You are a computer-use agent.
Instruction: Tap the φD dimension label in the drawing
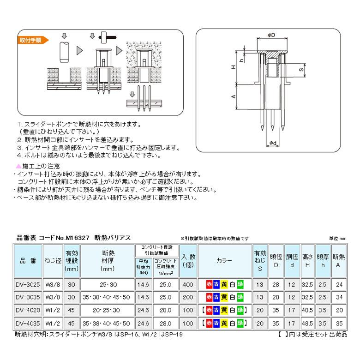click(271, 35)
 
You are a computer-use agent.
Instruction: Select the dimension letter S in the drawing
click(301, 70)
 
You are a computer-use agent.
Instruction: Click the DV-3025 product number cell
click(28, 284)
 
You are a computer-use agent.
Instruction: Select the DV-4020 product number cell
click(28, 310)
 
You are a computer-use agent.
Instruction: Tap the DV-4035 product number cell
click(28, 323)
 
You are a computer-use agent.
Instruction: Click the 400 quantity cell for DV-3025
click(188, 284)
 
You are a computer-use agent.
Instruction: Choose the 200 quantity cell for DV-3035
click(188, 297)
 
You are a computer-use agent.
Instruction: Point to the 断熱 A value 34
click(339, 297)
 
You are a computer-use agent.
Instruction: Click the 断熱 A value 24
click(339, 284)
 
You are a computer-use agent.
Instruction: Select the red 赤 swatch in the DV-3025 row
click(209, 284)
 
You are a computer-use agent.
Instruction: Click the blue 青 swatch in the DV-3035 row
click(216, 297)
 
